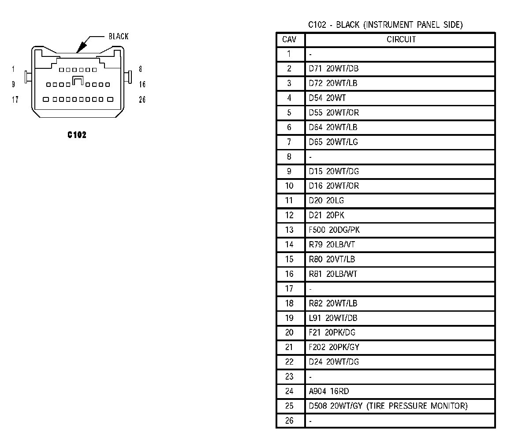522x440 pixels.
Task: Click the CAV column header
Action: click(x=289, y=40)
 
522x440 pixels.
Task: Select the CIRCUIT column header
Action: click(x=401, y=40)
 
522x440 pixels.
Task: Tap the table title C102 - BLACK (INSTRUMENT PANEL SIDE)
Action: click(x=385, y=25)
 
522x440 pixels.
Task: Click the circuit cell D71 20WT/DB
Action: click(x=330, y=68)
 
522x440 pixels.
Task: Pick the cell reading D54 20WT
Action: click(x=327, y=98)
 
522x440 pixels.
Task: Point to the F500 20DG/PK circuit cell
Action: click(x=335, y=230)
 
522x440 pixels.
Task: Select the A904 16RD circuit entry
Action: click(x=329, y=391)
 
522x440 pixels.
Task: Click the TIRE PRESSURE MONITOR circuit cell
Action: click(x=388, y=406)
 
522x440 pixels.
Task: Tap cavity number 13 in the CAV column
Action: click(x=289, y=230)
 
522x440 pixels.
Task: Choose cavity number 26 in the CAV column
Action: click(x=289, y=421)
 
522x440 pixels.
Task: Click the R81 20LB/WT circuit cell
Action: click(x=333, y=274)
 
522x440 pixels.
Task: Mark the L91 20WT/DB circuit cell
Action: click(x=333, y=318)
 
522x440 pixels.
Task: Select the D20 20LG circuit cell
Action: click(x=326, y=201)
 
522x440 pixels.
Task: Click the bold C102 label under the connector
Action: click(x=77, y=135)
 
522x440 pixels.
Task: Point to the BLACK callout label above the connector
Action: click(x=119, y=37)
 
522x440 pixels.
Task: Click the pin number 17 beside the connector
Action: click(x=15, y=100)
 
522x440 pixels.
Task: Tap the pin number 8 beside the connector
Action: click(x=140, y=69)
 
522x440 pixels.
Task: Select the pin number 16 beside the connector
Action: click(x=142, y=84)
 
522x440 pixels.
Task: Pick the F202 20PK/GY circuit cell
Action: click(x=334, y=347)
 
